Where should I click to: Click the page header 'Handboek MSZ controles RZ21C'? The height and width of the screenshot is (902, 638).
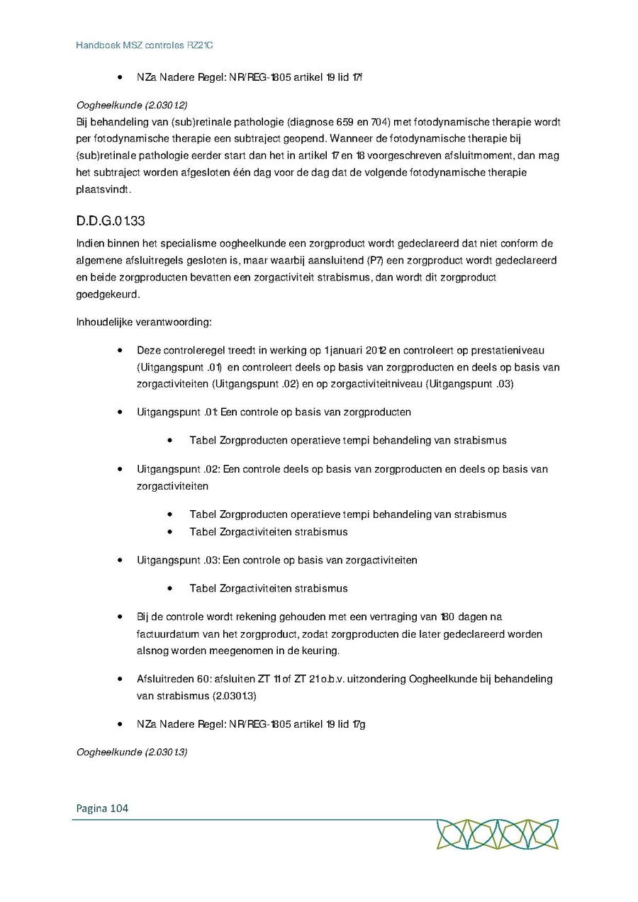coord(145,45)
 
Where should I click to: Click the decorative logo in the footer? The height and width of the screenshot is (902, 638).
coord(497,834)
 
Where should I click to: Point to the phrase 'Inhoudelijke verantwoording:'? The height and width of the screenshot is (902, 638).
coord(144,322)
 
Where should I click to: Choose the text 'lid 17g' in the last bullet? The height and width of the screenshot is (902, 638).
coord(350,723)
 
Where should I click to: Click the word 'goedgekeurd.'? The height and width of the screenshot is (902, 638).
coord(108,294)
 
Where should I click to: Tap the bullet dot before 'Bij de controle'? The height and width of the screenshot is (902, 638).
coord(121,617)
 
